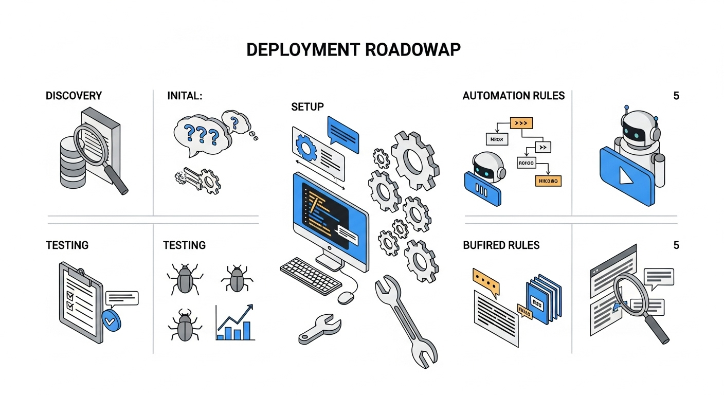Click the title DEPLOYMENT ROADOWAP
pos(353,50)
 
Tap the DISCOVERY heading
pos(74,96)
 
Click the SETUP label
pos(307,107)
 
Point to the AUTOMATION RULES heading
pos(513,96)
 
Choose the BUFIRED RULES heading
pos(501,245)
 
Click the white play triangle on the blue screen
pos(625,176)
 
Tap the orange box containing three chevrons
pos(521,123)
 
